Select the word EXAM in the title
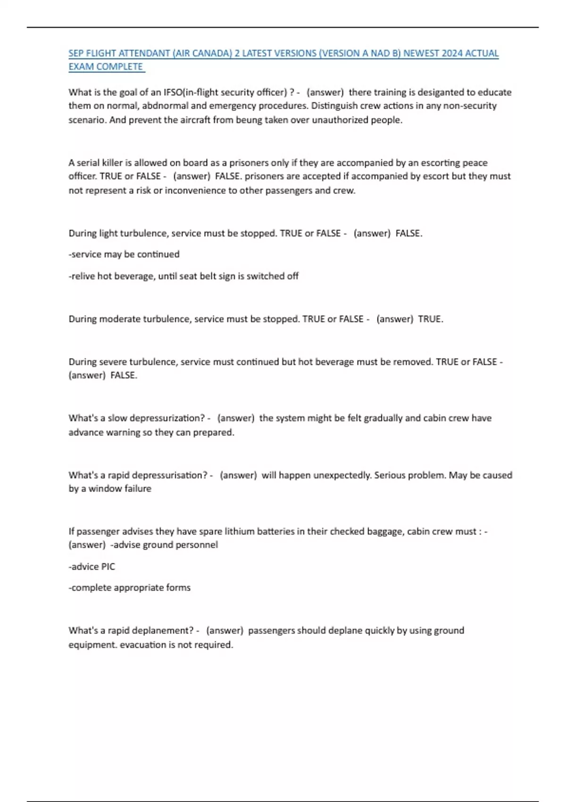pos(81,67)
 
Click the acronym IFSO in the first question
pos(173,92)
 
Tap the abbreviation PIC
pos(108,567)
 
